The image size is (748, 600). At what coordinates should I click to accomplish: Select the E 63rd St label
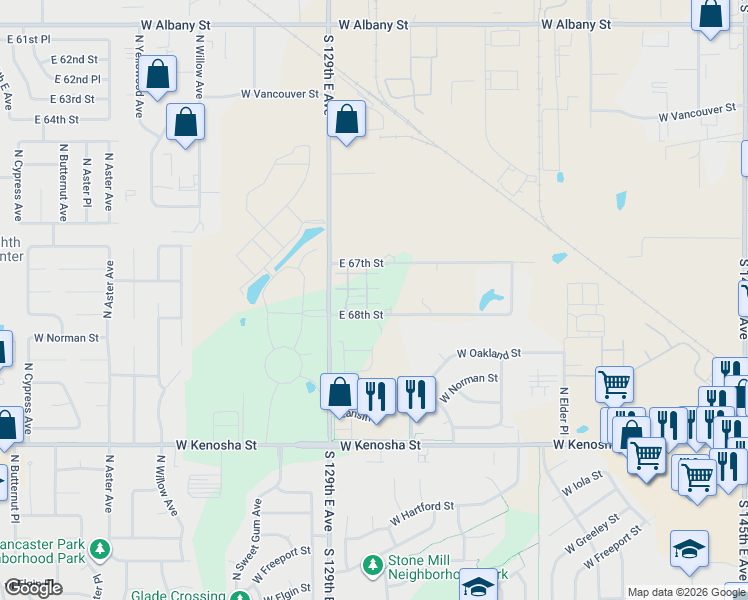point(71,99)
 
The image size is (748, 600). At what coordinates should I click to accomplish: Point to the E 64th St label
point(56,119)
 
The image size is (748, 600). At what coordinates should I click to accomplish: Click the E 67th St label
point(361,263)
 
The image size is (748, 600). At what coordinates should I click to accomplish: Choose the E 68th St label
point(361,315)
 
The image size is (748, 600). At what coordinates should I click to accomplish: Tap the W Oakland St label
point(489,353)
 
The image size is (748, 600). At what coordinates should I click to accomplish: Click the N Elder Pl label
point(563,411)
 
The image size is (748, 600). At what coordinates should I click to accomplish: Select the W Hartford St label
point(421,507)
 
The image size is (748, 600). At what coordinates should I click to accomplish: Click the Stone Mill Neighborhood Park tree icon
point(372,566)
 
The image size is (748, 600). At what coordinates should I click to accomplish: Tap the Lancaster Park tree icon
point(99,549)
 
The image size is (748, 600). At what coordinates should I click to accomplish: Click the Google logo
point(33,587)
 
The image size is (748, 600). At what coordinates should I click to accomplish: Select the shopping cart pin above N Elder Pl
point(614,384)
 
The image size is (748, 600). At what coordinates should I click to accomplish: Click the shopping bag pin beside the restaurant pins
point(339,391)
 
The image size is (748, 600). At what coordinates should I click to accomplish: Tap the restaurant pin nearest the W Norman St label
point(414,394)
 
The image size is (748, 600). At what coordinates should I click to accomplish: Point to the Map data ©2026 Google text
point(686,592)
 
